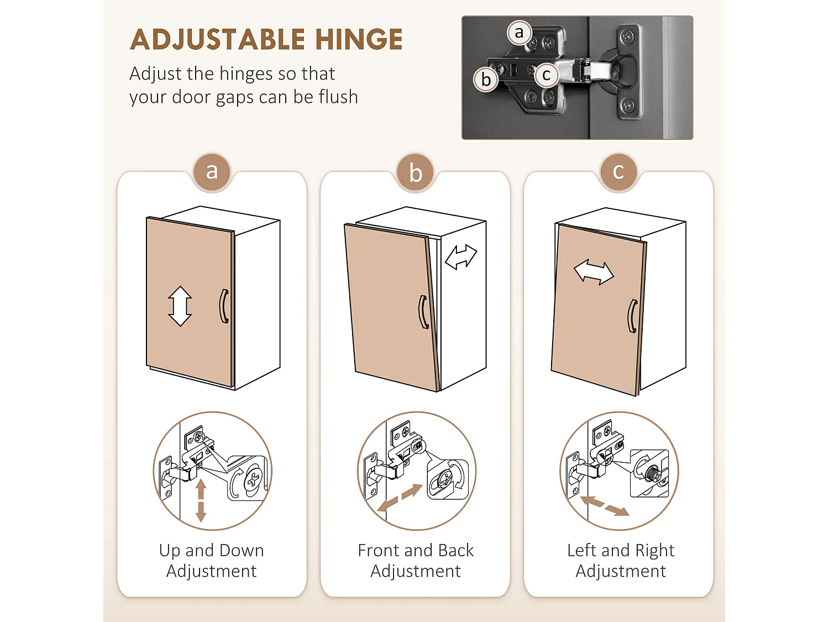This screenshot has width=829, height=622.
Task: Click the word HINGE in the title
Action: (x=359, y=39)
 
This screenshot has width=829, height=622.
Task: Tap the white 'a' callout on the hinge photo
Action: (x=520, y=33)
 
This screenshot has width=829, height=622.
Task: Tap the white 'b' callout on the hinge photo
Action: (x=486, y=80)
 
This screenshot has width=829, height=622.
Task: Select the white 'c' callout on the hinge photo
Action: (x=546, y=75)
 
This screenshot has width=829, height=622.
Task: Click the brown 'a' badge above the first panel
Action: (x=212, y=172)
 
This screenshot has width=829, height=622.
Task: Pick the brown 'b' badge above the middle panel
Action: (x=415, y=173)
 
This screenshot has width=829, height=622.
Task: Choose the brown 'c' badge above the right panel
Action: (x=618, y=172)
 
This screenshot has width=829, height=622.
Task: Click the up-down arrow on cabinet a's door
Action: (x=180, y=306)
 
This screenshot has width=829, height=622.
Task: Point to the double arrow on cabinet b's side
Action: (x=461, y=257)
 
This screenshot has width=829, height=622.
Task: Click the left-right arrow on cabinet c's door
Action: (x=594, y=272)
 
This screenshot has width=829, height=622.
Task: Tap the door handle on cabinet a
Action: (x=224, y=306)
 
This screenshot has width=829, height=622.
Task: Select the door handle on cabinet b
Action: (x=424, y=312)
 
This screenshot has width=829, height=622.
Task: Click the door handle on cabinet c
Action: (x=633, y=316)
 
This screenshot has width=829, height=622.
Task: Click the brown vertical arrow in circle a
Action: (x=201, y=501)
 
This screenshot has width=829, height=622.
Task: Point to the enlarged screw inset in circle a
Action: (x=248, y=478)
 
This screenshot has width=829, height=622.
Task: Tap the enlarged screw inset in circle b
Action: (x=448, y=479)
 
